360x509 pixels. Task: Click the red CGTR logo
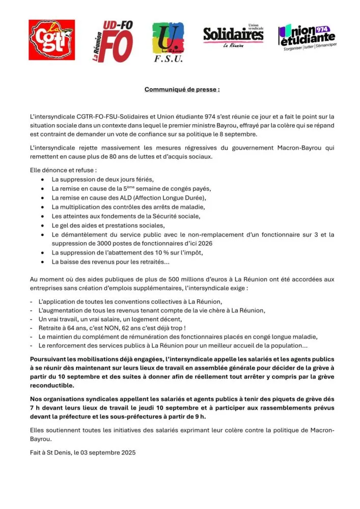click(51, 40)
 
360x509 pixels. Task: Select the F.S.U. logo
click(168, 42)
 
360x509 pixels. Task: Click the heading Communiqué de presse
click(182, 89)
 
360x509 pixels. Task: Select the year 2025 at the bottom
click(127, 452)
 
